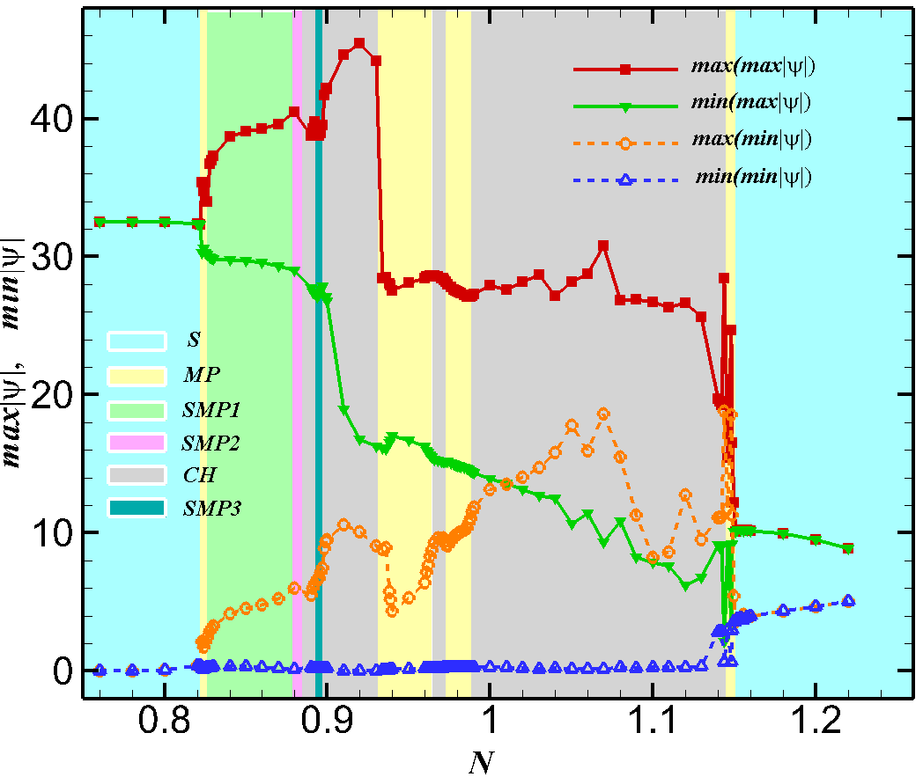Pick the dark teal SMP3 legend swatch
pos(137,508)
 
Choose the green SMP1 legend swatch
pos(137,407)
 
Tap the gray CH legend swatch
pos(137,474)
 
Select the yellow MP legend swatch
pos(137,373)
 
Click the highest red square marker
pos(359,43)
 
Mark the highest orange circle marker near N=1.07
pos(603,414)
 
